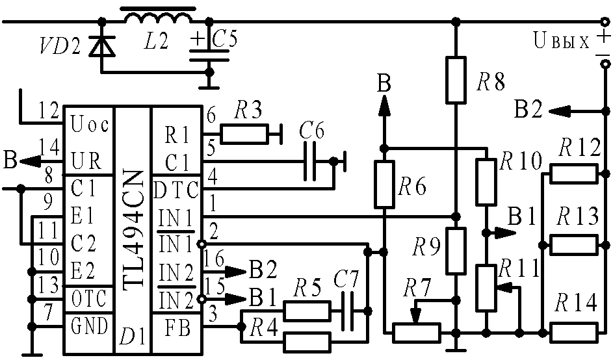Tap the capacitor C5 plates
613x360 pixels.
[209, 55]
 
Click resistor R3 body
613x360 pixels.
[244, 134]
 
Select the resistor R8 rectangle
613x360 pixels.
[456, 80]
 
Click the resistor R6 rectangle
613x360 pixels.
[384, 184]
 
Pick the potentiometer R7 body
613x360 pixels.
[417, 333]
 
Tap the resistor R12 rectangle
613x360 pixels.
[574, 174]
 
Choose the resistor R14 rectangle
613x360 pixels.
[574, 333]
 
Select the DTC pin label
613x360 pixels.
[176, 191]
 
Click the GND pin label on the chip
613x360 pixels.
[89, 326]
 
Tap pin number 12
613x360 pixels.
[49, 111]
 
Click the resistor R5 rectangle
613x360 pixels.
[307, 311]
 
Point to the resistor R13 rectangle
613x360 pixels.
[574, 245]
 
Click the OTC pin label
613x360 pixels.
[89, 299]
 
